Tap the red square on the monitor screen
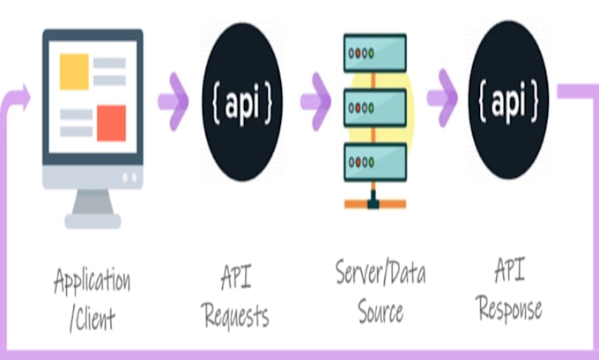[111, 122]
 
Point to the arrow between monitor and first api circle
[173, 99]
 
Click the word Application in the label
[92, 282]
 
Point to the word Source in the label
[381, 310]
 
